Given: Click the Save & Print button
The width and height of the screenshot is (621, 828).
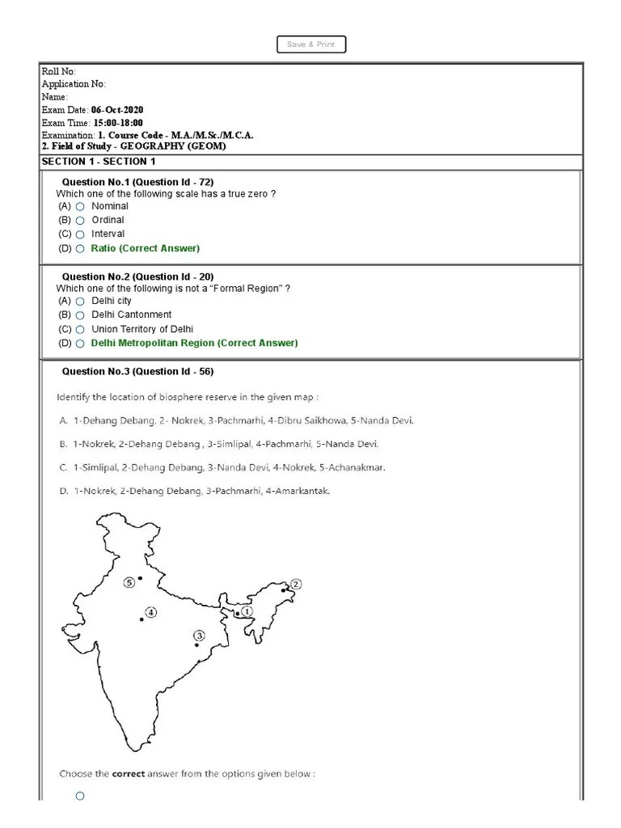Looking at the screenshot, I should [x=311, y=44].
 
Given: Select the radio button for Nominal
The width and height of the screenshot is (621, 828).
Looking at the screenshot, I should [x=80, y=207].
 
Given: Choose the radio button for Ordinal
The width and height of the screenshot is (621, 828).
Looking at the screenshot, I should [x=80, y=221].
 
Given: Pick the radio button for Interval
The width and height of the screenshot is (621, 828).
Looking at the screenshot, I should [x=80, y=234].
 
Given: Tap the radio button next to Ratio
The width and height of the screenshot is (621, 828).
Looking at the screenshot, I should [x=80, y=249].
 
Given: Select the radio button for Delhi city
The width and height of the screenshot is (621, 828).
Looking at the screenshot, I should [x=80, y=302].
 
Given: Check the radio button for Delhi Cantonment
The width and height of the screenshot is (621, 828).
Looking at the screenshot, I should [x=80, y=315].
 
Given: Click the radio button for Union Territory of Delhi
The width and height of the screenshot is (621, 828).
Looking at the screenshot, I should [x=80, y=330].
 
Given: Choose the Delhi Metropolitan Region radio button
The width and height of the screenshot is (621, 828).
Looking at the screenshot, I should [x=80, y=344].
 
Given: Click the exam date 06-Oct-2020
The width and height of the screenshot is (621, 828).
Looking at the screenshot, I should [x=118, y=110].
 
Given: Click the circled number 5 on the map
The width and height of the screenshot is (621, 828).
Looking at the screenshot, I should [x=129, y=582].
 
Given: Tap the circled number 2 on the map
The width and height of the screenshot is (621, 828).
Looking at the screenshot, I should [x=296, y=584].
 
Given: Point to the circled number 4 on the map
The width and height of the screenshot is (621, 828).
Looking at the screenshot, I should [x=151, y=610].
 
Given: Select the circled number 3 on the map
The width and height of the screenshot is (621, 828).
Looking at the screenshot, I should [x=200, y=636].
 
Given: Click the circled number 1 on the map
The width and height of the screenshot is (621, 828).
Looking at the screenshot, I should [x=247, y=612].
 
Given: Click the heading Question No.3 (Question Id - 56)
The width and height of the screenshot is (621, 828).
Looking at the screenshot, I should [x=137, y=372].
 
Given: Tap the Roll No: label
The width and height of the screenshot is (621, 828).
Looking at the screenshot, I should [x=58, y=72].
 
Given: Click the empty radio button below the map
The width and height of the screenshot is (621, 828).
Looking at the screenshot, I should [x=80, y=796].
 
